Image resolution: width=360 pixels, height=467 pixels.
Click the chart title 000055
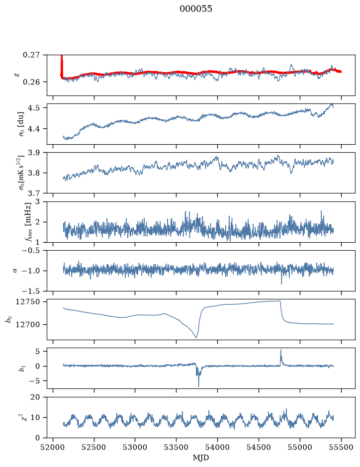pos(195,9)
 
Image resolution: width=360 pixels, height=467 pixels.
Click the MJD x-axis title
pos(201,458)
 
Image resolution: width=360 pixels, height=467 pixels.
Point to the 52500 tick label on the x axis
pos(94,447)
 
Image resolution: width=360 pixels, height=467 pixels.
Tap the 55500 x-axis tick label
pos(341,447)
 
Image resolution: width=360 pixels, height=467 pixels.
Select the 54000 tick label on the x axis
pos(217,447)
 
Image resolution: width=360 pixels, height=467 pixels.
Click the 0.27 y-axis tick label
pos(31,55)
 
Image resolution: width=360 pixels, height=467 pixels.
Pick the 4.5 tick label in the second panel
pos(33,107)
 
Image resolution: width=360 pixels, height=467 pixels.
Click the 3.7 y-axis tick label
pos(33,193)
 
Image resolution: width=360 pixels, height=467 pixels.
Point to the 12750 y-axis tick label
pos(27,302)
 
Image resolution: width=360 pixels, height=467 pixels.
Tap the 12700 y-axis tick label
pos(27,325)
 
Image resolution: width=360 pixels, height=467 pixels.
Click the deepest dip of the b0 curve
pos(196,338)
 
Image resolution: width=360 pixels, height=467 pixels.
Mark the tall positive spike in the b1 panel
pos(280,351)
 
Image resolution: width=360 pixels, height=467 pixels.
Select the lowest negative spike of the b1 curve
pos(198,386)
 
